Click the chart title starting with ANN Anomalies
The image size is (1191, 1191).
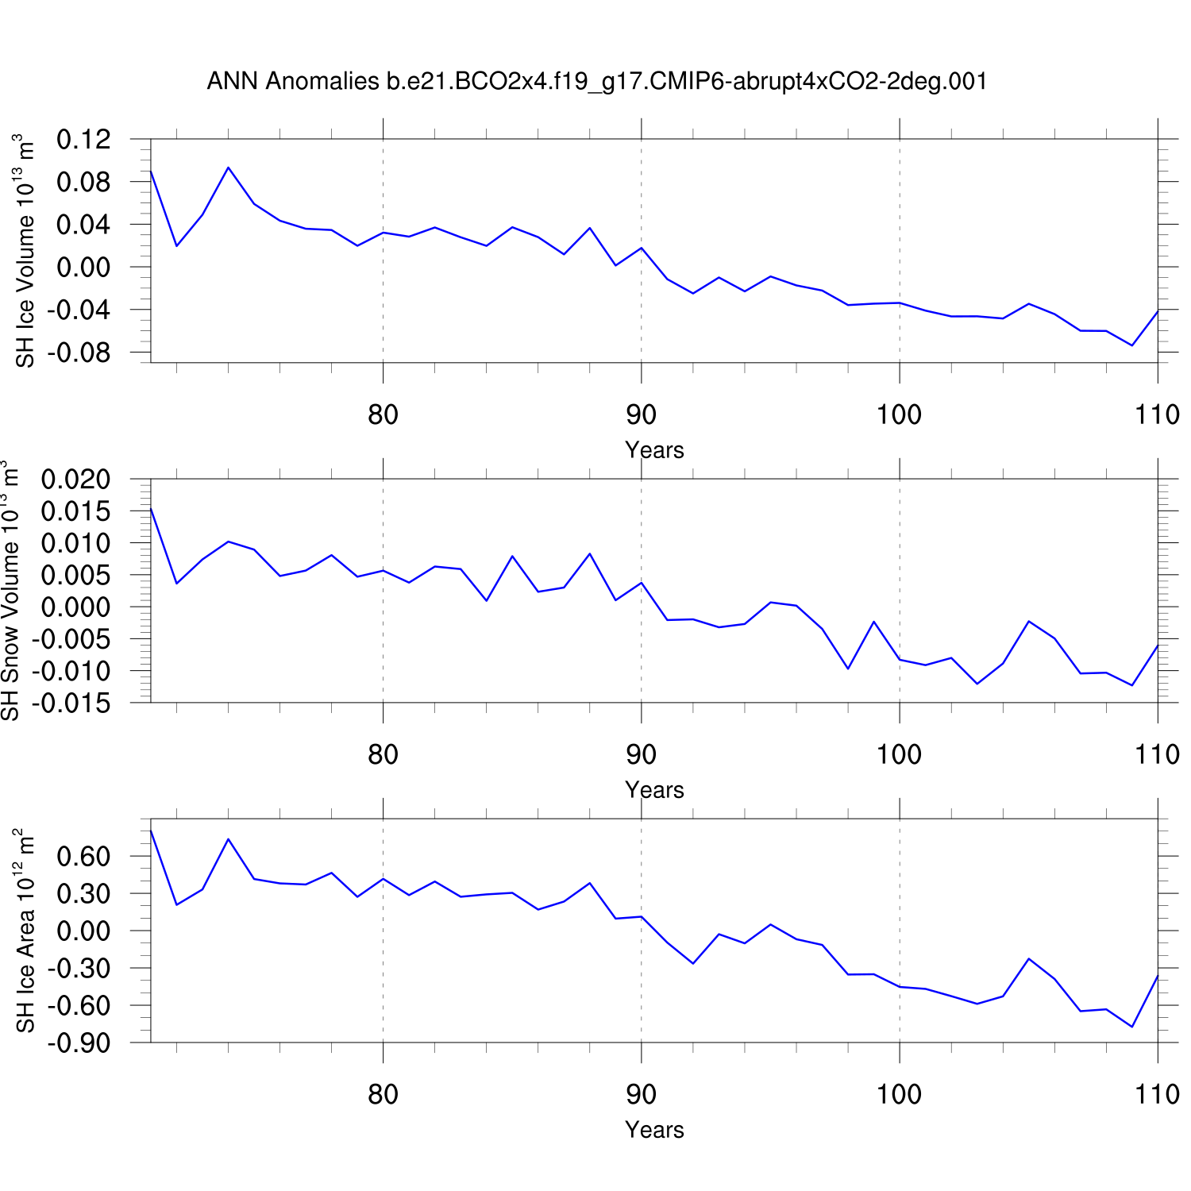(x=596, y=81)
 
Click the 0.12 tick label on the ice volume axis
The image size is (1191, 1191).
(x=83, y=140)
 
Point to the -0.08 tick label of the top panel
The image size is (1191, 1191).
(x=79, y=352)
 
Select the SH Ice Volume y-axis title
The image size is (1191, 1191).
(x=25, y=251)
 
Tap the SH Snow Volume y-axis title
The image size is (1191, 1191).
(x=10, y=591)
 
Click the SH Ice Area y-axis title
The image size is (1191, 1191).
(x=25, y=931)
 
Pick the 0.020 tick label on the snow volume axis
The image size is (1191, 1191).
(x=76, y=480)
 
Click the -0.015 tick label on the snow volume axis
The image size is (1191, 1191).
(x=71, y=703)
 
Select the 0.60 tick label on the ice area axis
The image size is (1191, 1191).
(x=83, y=857)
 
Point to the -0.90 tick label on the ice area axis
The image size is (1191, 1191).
(x=79, y=1043)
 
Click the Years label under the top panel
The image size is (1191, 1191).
(x=654, y=450)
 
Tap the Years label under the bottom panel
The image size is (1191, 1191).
(x=654, y=1130)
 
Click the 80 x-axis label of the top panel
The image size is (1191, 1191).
(x=383, y=414)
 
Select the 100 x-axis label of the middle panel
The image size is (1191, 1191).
(x=899, y=754)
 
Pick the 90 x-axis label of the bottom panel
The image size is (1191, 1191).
(x=641, y=1094)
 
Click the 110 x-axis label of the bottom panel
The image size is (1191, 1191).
(x=1157, y=1094)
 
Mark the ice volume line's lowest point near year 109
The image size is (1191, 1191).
(x=1131, y=345)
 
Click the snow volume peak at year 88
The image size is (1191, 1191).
(x=590, y=553)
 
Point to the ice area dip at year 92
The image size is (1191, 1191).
(x=693, y=963)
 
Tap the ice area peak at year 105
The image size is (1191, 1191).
(x=1028, y=958)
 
